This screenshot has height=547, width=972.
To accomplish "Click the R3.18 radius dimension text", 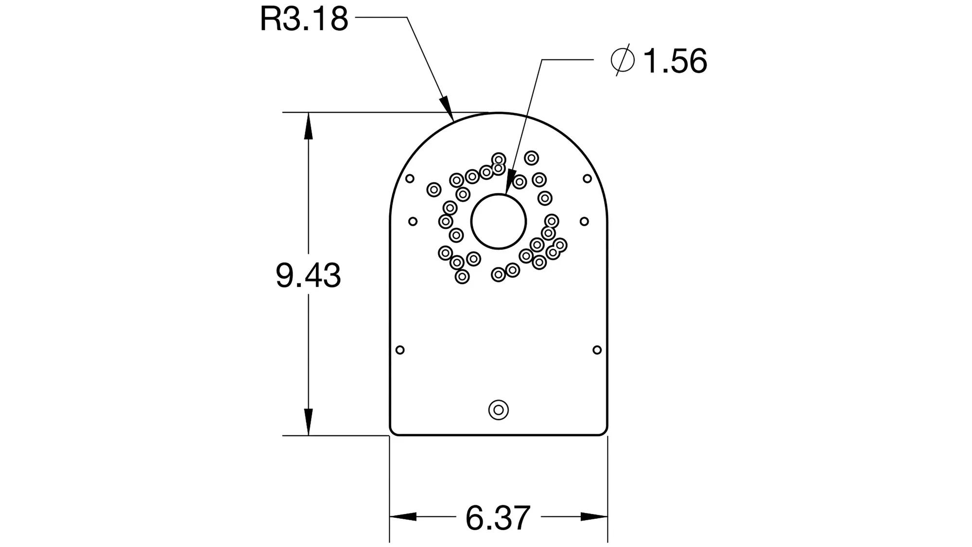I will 304,19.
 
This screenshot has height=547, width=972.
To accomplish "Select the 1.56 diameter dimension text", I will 675,62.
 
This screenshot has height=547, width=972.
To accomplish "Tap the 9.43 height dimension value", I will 308,275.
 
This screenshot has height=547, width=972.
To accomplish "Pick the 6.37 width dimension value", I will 498,518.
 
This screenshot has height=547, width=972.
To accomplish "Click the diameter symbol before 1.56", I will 623,60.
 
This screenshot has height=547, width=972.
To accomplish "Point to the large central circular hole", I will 499,222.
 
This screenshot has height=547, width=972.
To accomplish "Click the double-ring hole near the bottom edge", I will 499,410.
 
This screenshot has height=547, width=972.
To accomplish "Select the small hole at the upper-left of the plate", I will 410,178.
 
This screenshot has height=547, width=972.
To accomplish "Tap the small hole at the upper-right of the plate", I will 587,178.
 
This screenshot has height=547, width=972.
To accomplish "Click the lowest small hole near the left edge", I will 400,350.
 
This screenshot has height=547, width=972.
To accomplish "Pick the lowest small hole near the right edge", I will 597,350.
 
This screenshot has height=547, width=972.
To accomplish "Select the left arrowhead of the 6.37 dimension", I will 403,516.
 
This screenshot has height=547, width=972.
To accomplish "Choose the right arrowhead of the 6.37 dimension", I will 594,516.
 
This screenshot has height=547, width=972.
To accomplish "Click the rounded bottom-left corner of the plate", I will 394,431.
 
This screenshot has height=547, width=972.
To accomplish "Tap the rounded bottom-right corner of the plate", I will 604,431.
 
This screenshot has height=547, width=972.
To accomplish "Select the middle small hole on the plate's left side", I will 413,222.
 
